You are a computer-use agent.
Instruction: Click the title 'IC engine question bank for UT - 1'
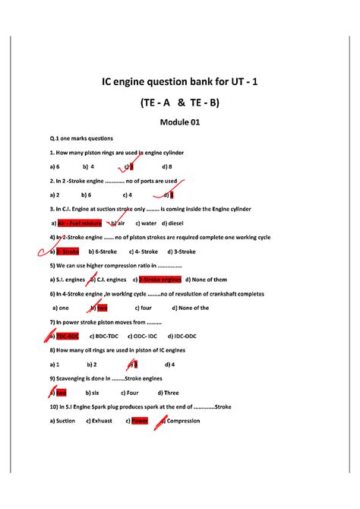(179, 81)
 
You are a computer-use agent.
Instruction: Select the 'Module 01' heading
(179, 122)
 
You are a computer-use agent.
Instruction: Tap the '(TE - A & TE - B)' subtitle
(179, 102)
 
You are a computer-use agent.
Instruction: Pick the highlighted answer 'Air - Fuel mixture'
(80, 223)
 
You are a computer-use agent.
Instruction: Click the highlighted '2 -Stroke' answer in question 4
(68, 251)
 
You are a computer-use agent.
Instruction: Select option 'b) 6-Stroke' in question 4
(102, 251)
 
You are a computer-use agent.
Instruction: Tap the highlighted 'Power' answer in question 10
(140, 420)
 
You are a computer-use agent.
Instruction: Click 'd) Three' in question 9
(168, 393)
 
